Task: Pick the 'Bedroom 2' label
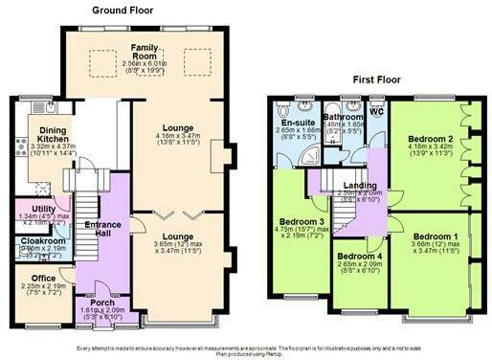(x=423, y=139)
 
